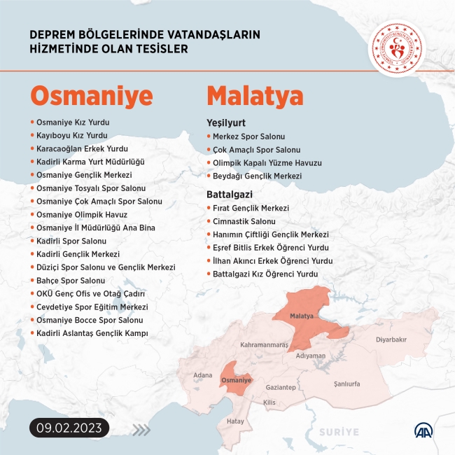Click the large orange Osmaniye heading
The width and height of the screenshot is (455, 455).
(x=92, y=95)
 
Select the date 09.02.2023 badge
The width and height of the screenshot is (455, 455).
(x=69, y=426)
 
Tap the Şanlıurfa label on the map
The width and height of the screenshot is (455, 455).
(x=346, y=384)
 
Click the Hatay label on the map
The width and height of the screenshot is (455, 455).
(x=235, y=421)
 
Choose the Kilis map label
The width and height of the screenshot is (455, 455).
(x=269, y=402)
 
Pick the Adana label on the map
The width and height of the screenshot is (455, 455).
(x=202, y=375)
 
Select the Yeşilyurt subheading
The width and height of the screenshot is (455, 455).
(x=225, y=122)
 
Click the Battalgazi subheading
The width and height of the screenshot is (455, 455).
(x=229, y=193)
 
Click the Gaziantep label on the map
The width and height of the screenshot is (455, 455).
(x=281, y=387)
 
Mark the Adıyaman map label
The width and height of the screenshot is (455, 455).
(x=311, y=356)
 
